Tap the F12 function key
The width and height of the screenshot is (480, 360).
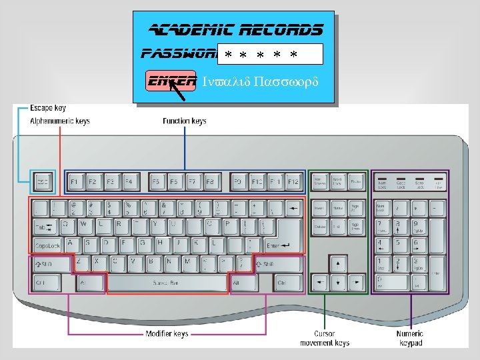point(293,181)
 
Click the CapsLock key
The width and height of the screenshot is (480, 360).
point(47,246)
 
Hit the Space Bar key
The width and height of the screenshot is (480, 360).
point(167,283)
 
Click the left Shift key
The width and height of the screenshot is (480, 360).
point(51,264)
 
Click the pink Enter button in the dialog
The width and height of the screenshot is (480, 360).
point(171,81)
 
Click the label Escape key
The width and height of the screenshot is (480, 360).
point(48,108)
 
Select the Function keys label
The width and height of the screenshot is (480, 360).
point(185,121)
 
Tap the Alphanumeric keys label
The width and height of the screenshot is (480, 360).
point(60,121)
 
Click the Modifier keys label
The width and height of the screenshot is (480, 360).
point(167,333)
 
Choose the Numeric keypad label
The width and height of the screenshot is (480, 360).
point(409,338)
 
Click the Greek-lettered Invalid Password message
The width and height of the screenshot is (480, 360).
point(260,82)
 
